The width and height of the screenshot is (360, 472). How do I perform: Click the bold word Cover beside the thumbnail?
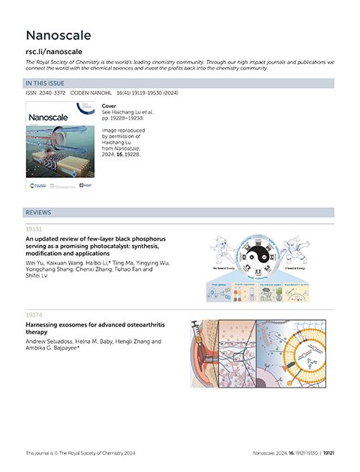point(110,105)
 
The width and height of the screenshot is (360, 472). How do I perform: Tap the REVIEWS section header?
point(38,213)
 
